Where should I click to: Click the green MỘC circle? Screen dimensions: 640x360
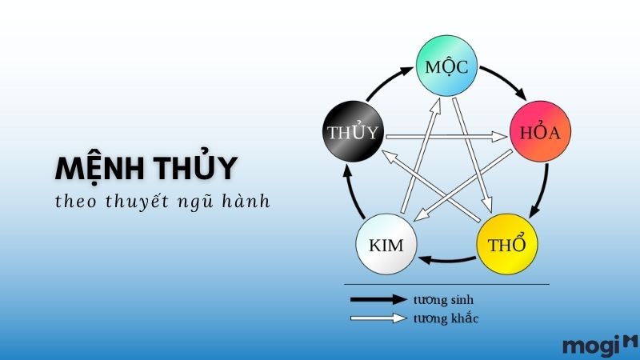[446, 66]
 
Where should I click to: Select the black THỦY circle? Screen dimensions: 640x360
[353, 131]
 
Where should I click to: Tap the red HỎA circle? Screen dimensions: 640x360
[540, 131]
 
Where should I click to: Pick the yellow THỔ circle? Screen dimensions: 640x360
[507, 244]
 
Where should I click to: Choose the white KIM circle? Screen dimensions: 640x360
[386, 244]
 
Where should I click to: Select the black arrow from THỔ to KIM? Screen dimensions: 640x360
[446, 260]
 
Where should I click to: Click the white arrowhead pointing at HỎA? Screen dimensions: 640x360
[499, 136]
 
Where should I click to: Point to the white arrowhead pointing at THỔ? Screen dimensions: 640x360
[487, 205]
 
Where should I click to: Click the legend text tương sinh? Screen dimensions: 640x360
[443, 299]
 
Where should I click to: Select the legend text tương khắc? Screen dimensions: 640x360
[446, 318]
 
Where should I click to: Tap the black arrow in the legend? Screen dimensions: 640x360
[378, 299]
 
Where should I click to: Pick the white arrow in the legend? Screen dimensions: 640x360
[378, 318]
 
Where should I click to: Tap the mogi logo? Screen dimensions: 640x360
[599, 346]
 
